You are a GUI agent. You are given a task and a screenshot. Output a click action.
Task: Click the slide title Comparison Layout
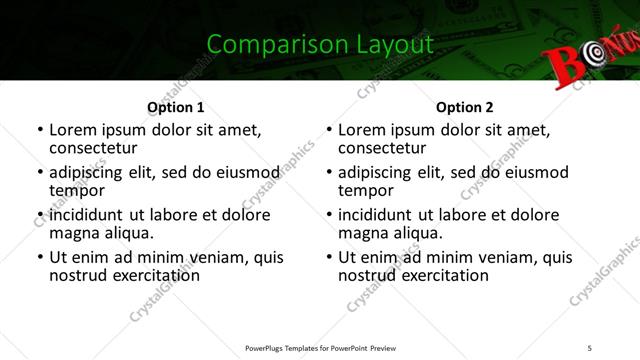click(320, 44)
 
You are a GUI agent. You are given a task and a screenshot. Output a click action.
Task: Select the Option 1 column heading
click(175, 107)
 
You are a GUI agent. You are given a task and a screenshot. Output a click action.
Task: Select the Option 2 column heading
click(465, 107)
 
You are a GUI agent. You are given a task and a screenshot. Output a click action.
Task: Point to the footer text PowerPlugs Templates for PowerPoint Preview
click(320, 347)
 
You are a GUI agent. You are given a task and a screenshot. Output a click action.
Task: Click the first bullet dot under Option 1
click(40, 130)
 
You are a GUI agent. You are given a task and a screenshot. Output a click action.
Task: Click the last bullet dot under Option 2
click(329, 257)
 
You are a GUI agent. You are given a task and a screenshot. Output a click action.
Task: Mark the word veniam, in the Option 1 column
click(221, 257)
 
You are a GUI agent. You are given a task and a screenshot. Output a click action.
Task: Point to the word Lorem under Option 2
click(361, 130)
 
